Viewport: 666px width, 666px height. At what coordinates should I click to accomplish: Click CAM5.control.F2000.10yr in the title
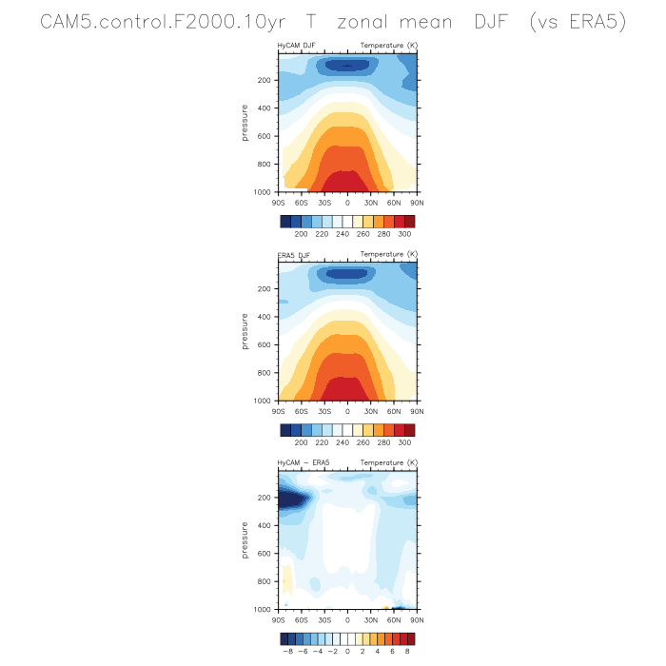[163, 22]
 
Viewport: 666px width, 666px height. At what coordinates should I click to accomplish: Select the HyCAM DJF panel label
[297, 46]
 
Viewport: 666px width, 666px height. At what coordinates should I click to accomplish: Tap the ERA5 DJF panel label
[294, 255]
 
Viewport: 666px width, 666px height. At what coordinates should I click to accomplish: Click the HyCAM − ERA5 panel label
[304, 462]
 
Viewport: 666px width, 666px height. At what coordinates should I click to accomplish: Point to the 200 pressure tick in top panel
[264, 80]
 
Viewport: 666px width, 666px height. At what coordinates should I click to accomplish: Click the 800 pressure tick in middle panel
[264, 373]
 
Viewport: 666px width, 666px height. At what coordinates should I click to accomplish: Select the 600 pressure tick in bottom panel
[264, 554]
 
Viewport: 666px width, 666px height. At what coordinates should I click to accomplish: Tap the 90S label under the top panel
[278, 203]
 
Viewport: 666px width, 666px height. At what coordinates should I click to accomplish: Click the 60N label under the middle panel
[394, 411]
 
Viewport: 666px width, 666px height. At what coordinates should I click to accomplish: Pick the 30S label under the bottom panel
[324, 620]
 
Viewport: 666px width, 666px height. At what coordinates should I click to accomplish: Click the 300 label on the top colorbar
[404, 234]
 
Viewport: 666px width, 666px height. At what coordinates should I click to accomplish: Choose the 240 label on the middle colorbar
[343, 442]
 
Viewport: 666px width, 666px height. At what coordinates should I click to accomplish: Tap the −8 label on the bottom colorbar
[287, 651]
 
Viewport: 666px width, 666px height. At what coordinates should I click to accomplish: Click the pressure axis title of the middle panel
[245, 331]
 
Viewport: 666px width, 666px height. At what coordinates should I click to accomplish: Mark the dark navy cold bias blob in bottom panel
[291, 499]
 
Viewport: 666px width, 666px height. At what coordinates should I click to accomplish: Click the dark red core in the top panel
[344, 182]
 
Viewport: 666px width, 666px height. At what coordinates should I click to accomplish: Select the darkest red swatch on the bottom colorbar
[410, 638]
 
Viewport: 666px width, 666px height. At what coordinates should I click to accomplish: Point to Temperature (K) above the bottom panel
[388, 462]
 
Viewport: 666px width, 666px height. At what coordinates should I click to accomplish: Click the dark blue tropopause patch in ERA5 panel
[346, 274]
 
